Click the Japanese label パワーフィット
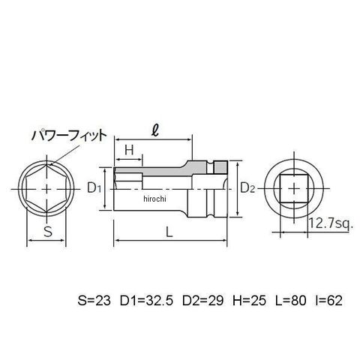point(69,136)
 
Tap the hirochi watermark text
point(154,199)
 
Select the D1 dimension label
point(94,188)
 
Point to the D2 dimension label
point(247,188)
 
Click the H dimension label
point(129,151)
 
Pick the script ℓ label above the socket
point(155,131)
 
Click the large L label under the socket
point(169,232)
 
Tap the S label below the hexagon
point(48,232)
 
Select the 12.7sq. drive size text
point(331,223)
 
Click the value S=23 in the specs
point(94,300)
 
